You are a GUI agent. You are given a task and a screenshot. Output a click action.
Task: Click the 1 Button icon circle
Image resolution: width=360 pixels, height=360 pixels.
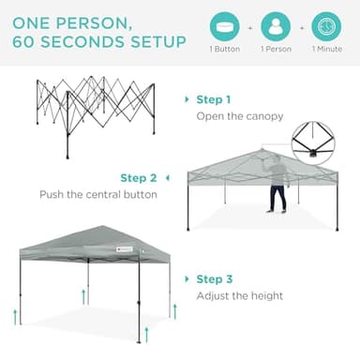[225, 25]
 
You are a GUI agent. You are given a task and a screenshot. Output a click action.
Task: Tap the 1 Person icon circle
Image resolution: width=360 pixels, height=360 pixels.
[276, 25]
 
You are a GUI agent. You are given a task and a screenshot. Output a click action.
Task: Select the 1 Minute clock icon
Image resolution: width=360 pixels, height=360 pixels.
[325, 25]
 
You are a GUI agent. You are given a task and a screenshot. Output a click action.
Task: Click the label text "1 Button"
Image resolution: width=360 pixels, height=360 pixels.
[225, 48]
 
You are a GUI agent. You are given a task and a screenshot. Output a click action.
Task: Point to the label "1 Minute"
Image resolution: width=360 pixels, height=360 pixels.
[325, 48]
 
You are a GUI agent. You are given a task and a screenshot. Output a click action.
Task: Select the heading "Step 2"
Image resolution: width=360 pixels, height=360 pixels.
[138, 177]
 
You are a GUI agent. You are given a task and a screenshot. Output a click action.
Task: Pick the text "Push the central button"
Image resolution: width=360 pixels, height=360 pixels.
[97, 195]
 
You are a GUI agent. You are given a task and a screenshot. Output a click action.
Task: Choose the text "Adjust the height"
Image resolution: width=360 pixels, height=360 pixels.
[239, 296]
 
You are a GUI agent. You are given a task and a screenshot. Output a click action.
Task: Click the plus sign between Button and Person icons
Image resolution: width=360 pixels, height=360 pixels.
[250, 25]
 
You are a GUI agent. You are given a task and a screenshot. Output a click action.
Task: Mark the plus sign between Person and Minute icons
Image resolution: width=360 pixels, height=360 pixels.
[300, 25]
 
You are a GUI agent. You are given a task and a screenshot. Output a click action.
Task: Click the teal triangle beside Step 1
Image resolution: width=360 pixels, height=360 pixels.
[187, 99]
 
